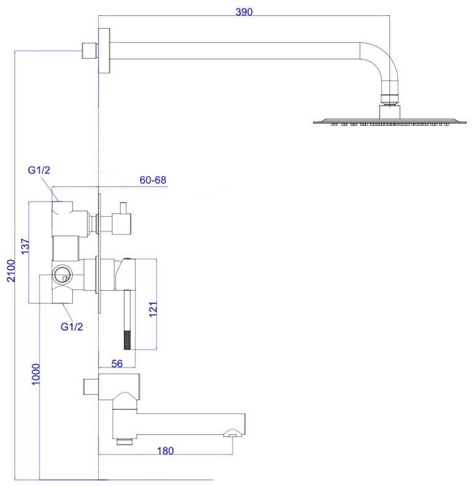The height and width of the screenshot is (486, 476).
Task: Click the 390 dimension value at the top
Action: (x=244, y=12)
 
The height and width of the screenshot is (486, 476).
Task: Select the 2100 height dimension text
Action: (x=11, y=270)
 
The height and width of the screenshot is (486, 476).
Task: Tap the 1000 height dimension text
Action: (x=36, y=374)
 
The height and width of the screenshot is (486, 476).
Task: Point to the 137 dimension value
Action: (x=26, y=246)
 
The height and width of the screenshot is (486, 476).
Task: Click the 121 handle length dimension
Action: (x=153, y=309)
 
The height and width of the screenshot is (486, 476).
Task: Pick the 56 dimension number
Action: (x=117, y=363)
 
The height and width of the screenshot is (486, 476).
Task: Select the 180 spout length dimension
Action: (x=165, y=451)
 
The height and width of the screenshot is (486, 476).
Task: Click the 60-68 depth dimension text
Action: (x=153, y=180)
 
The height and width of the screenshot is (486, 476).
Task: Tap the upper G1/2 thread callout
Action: (x=39, y=170)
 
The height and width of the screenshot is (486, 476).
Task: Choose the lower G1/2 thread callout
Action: (x=71, y=327)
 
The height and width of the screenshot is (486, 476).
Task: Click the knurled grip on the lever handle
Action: (x=128, y=340)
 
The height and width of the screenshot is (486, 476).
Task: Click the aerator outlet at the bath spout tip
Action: (x=234, y=433)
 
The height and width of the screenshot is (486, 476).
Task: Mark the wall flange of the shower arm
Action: (x=104, y=51)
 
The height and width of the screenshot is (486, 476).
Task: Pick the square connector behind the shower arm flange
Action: (x=90, y=51)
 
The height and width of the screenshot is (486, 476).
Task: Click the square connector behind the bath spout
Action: (x=91, y=387)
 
